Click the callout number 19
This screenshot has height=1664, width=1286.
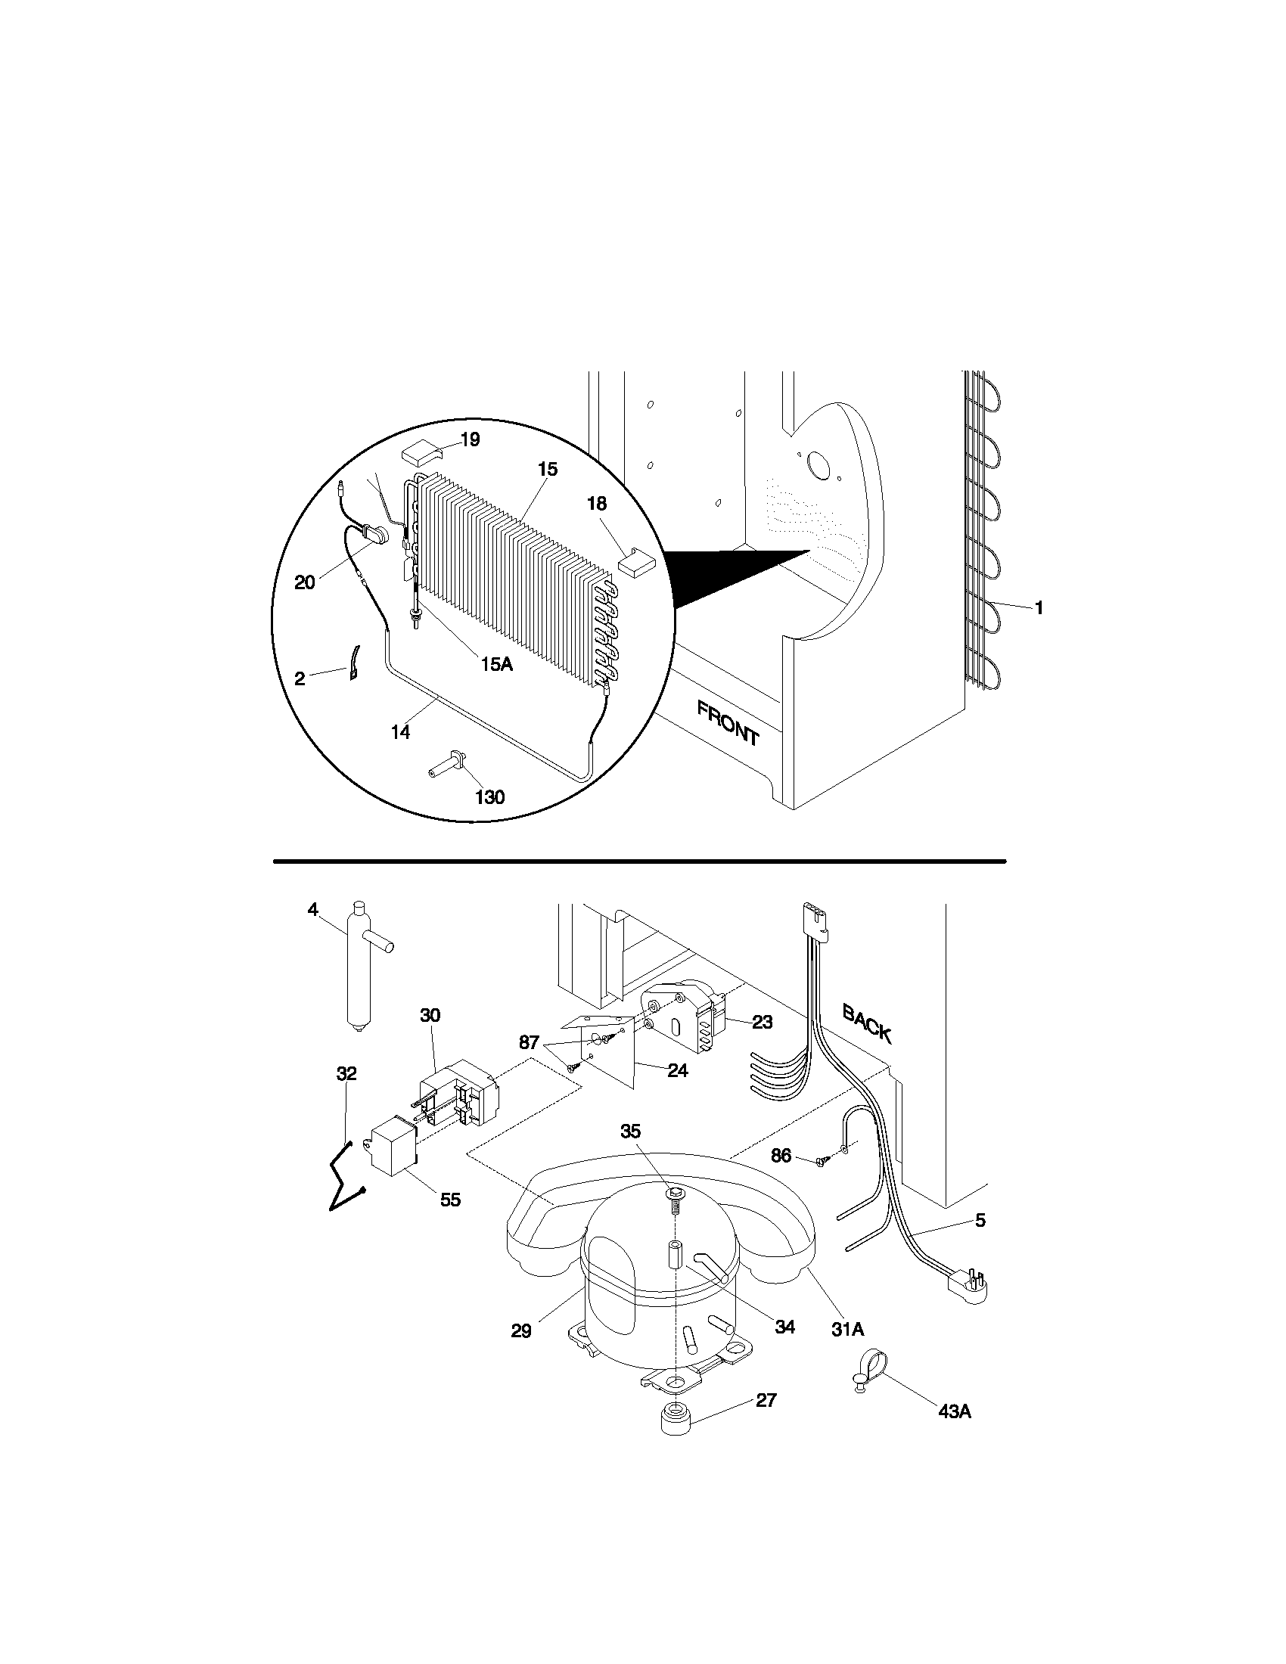[x=470, y=439]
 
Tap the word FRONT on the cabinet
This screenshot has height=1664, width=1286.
[x=728, y=722]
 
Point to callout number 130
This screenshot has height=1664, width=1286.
[x=489, y=797]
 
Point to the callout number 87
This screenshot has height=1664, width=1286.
[x=529, y=1042]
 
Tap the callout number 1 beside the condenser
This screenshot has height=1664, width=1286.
[x=1039, y=607]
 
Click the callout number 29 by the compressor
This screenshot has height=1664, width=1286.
[x=521, y=1331]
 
